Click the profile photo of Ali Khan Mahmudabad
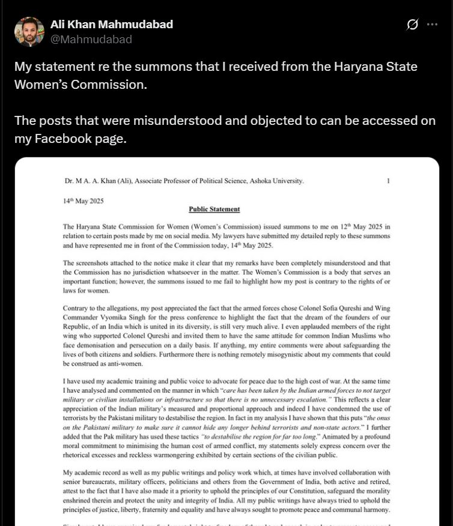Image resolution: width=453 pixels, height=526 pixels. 29,32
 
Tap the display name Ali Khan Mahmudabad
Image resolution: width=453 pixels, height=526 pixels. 112,25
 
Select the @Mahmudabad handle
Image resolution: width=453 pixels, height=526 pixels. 91,40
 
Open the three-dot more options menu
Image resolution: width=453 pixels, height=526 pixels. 432,25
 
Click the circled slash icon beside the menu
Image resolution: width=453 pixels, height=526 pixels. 412,25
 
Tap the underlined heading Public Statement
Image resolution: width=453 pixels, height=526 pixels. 214,210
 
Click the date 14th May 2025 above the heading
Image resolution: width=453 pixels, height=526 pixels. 84,201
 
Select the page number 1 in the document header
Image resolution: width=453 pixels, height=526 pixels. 388,181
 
